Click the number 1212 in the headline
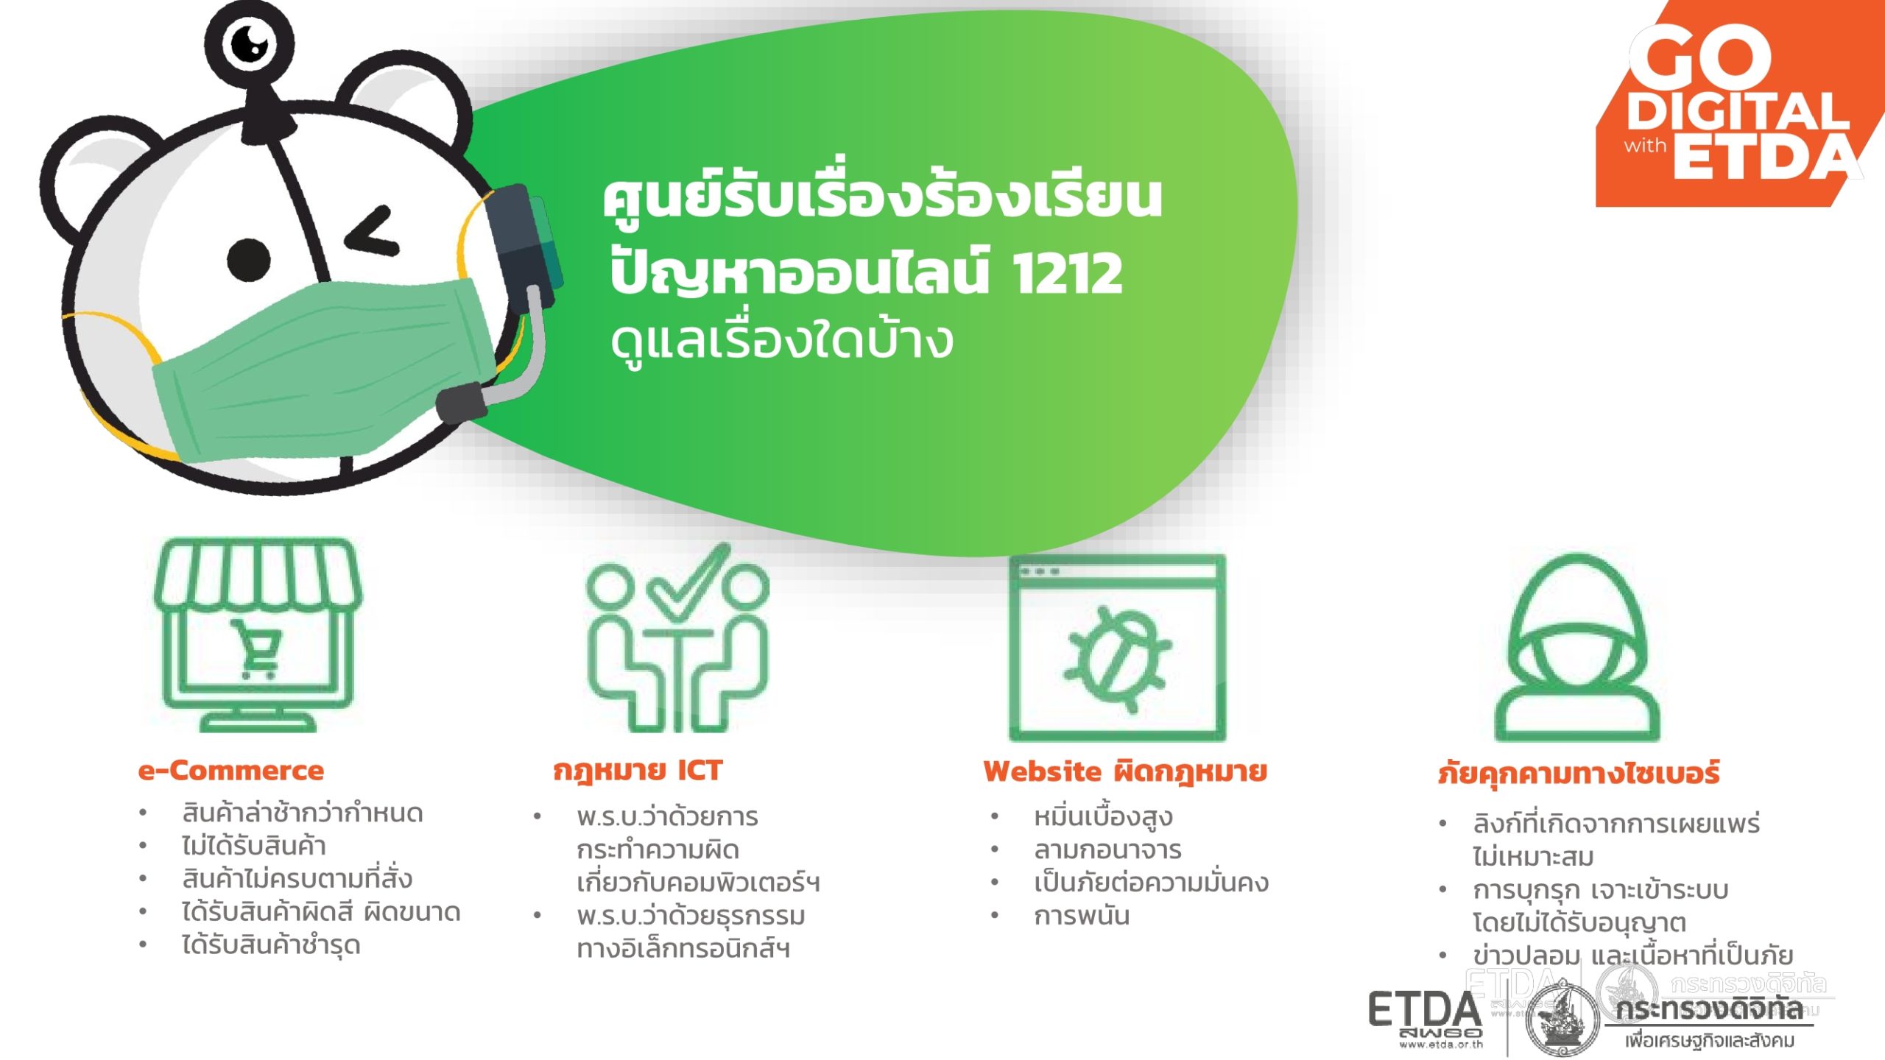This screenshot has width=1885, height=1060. pos(1068,273)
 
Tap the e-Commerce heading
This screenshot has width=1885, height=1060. pos(231,771)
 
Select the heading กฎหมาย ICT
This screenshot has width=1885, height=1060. pos(638,771)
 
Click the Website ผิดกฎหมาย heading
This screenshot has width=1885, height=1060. pos(1125,771)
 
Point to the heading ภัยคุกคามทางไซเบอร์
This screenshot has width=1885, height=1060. pos(1579,774)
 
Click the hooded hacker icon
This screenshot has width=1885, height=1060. pos(1578,657)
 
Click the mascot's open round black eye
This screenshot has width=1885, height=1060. pos(248,260)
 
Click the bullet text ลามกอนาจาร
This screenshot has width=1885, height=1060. pos(1107,850)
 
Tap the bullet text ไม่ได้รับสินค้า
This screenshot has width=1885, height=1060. pos(254,846)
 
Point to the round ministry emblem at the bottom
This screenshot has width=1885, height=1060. pos(1561,1020)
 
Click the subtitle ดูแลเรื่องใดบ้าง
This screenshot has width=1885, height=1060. pos(782,342)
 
